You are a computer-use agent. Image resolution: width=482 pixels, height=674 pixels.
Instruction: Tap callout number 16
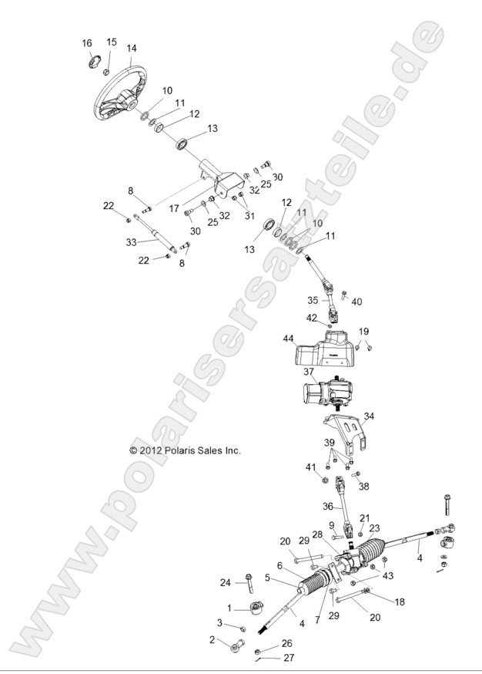click(x=87, y=44)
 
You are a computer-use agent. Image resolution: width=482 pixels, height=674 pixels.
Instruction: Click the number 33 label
click(x=131, y=241)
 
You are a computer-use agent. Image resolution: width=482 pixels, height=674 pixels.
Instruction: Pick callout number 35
click(x=313, y=300)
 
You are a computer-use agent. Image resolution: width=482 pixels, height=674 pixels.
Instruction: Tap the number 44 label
click(x=289, y=339)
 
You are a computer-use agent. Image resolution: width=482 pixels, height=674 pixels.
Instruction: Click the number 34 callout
click(x=369, y=416)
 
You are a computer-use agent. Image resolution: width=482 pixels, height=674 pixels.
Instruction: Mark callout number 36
click(x=328, y=507)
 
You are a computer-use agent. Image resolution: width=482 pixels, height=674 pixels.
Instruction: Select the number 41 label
click(x=310, y=467)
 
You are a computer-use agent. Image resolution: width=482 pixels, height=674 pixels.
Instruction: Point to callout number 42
click(x=312, y=317)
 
